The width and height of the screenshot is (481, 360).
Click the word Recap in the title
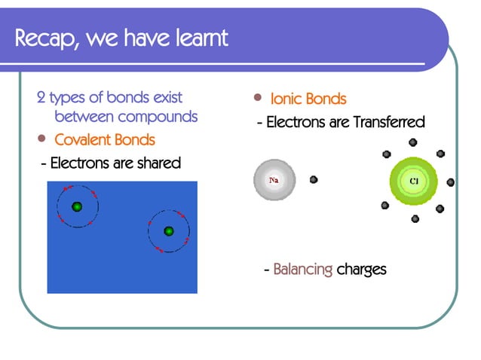click(47, 37)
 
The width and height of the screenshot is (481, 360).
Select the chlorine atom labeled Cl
click(413, 182)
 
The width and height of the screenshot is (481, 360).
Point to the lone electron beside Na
click(314, 180)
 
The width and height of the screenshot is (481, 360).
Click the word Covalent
click(84, 140)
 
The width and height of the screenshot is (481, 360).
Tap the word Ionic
click(286, 99)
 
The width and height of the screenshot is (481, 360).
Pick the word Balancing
click(302, 269)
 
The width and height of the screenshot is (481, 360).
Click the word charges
click(361, 269)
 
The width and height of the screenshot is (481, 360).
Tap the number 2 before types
click(41, 98)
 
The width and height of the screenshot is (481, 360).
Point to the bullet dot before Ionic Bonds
click(258, 98)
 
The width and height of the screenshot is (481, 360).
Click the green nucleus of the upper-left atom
click(76, 206)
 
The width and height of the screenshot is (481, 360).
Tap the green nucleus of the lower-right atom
click(169, 231)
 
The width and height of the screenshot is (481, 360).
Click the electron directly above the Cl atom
click(412, 142)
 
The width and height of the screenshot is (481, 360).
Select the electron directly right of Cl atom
click(451, 182)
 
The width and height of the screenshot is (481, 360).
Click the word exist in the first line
click(167, 98)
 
